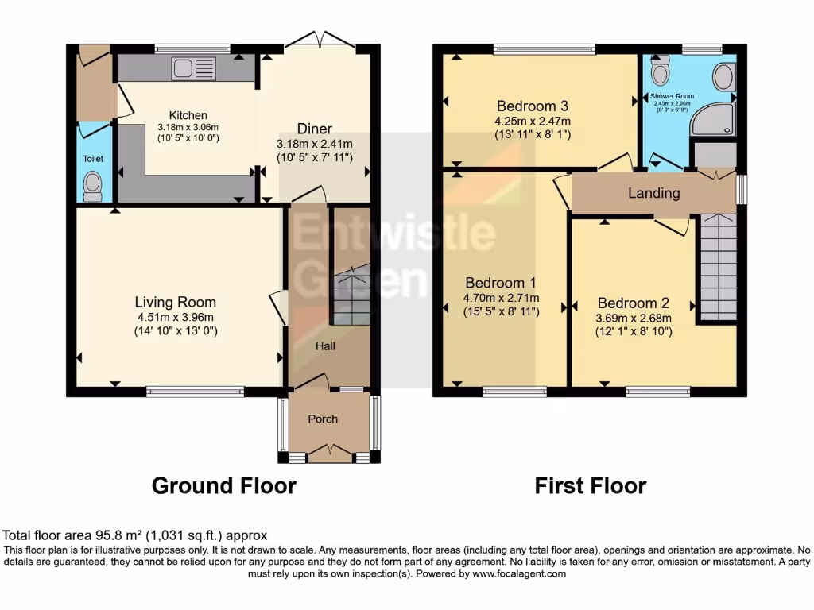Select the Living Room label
pos(175,302)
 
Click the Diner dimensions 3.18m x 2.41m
pos(314,144)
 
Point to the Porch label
pos(323,419)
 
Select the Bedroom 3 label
pos(533,106)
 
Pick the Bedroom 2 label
pos(634,303)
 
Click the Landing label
pos(653,193)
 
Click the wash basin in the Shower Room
pos(723,77)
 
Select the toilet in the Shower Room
pos(659,73)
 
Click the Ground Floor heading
pos(223,485)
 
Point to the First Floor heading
pos(590,485)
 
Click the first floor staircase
pos(717,266)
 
